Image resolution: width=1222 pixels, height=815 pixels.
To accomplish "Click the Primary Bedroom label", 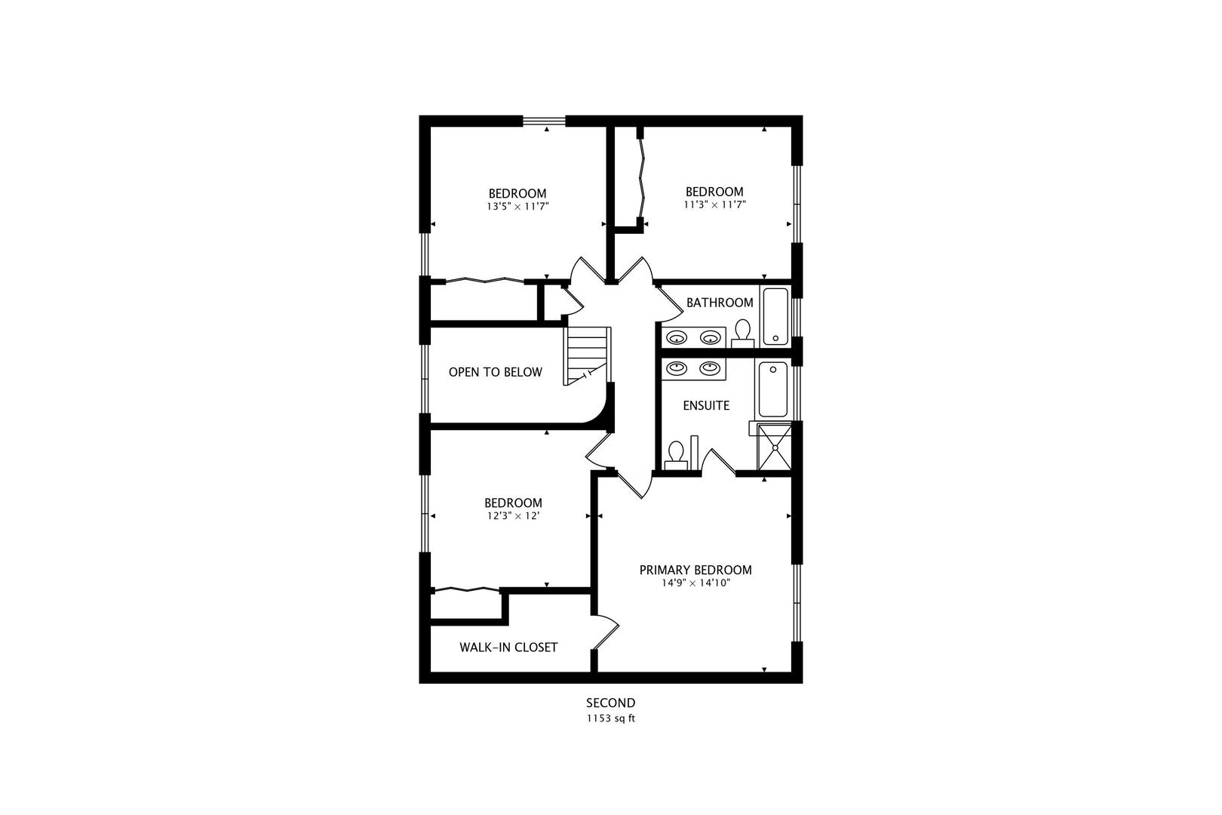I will (695, 570).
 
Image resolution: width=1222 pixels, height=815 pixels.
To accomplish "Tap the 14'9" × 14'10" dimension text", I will (695, 583).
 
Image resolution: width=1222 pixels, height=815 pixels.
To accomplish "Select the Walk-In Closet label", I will (508, 647).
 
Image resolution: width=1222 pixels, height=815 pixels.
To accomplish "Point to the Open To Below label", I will (495, 372).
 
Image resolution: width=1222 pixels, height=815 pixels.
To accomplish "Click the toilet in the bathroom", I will (743, 333).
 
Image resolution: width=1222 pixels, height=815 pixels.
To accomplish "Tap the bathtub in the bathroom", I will (775, 316).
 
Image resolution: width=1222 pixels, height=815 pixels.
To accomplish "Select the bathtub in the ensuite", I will (773, 389).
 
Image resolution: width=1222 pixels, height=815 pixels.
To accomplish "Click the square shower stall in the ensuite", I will (775, 447).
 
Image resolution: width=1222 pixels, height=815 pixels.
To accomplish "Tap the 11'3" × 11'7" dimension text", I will (714, 205).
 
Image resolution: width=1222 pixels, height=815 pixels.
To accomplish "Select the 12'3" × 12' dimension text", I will (513, 516).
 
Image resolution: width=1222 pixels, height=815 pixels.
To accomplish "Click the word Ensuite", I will (706, 406).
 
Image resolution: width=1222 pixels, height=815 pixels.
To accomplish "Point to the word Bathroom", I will (719, 303).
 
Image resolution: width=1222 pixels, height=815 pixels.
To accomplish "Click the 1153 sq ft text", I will (610, 718).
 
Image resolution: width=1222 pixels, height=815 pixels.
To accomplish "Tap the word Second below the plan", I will (610, 703).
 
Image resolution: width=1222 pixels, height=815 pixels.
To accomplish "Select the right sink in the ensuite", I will (709, 368).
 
